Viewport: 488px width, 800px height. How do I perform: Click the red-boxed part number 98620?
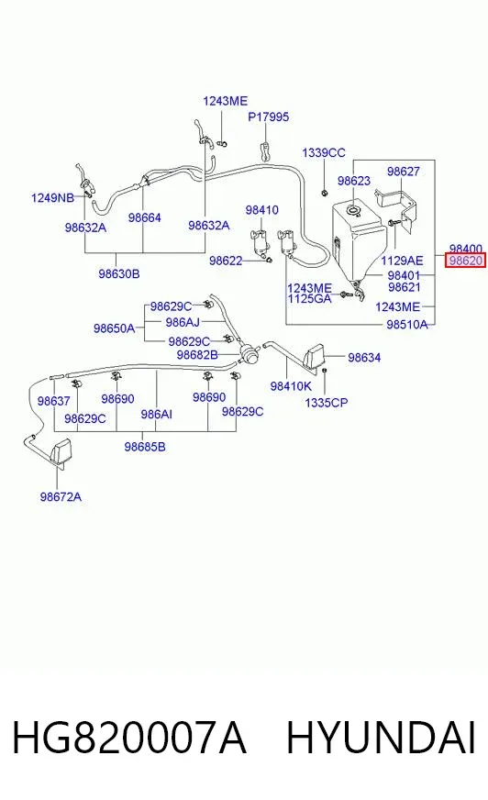tap(466, 261)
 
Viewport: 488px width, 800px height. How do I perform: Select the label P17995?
tap(268, 117)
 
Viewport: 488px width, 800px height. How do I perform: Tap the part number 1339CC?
tap(323, 152)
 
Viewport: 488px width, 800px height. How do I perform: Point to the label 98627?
tap(403, 172)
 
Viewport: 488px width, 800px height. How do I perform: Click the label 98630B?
tap(119, 274)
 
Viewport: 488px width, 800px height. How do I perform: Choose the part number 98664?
tap(144, 217)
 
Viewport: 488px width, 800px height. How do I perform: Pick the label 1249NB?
tap(52, 198)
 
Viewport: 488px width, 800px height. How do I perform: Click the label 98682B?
tap(197, 355)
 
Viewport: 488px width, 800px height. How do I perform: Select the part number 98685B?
tap(145, 447)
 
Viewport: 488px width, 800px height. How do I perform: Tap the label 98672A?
tap(61, 497)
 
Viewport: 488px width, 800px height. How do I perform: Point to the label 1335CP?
tap(327, 403)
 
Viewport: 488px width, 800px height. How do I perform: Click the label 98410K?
tap(291, 386)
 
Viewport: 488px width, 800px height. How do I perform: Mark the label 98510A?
tap(407, 325)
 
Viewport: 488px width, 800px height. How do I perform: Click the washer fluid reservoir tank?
tap(358, 240)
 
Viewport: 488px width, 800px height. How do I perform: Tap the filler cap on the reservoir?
tap(352, 210)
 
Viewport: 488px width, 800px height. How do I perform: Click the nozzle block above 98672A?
tap(61, 452)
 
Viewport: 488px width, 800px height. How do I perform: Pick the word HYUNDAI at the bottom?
tap(381, 738)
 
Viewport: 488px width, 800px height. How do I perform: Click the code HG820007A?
tap(129, 738)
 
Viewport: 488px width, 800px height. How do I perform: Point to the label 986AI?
tap(157, 415)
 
